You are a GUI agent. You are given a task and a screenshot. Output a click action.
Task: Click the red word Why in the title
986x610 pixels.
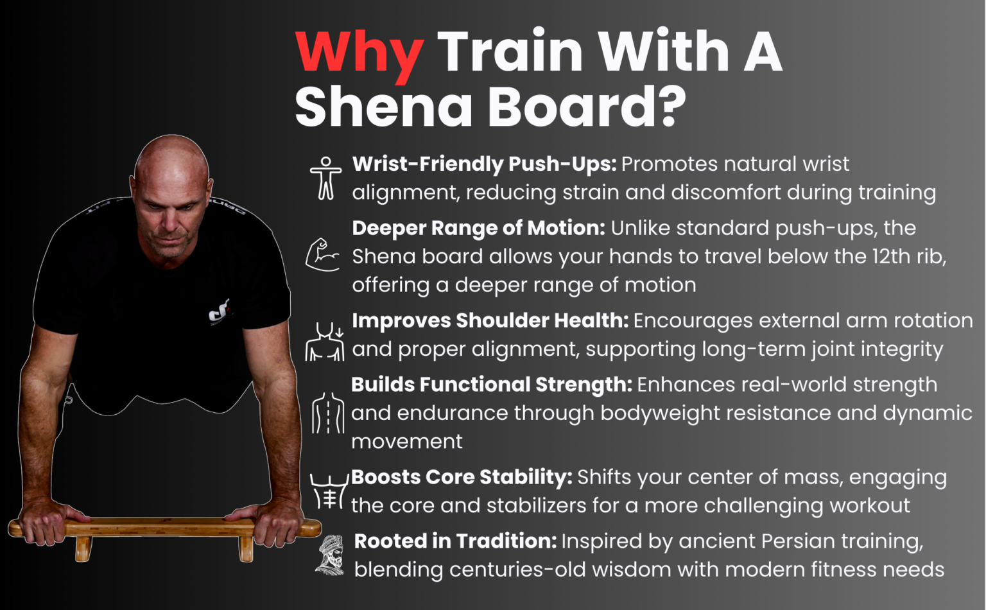coord(358,53)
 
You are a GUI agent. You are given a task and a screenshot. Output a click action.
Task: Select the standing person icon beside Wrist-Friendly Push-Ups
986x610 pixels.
coord(325,178)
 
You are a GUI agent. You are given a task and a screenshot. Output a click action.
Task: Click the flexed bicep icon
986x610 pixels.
coord(322,255)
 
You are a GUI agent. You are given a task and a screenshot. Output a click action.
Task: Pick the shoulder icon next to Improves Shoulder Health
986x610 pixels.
coord(325,342)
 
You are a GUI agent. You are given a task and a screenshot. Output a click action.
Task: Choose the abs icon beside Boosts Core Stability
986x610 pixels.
coord(329,492)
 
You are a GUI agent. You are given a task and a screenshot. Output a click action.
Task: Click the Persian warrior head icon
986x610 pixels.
coord(331,555)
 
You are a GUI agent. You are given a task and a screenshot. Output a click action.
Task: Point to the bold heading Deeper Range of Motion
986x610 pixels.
coord(478,228)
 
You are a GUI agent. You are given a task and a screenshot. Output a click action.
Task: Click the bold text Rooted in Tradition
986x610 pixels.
coord(454,541)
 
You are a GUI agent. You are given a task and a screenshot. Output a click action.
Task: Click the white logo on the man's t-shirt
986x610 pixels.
coord(220,313)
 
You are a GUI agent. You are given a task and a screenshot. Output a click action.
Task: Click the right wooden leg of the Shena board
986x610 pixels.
coord(246,549)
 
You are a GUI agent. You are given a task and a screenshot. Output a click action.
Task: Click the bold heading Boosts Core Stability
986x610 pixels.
coord(461,477)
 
